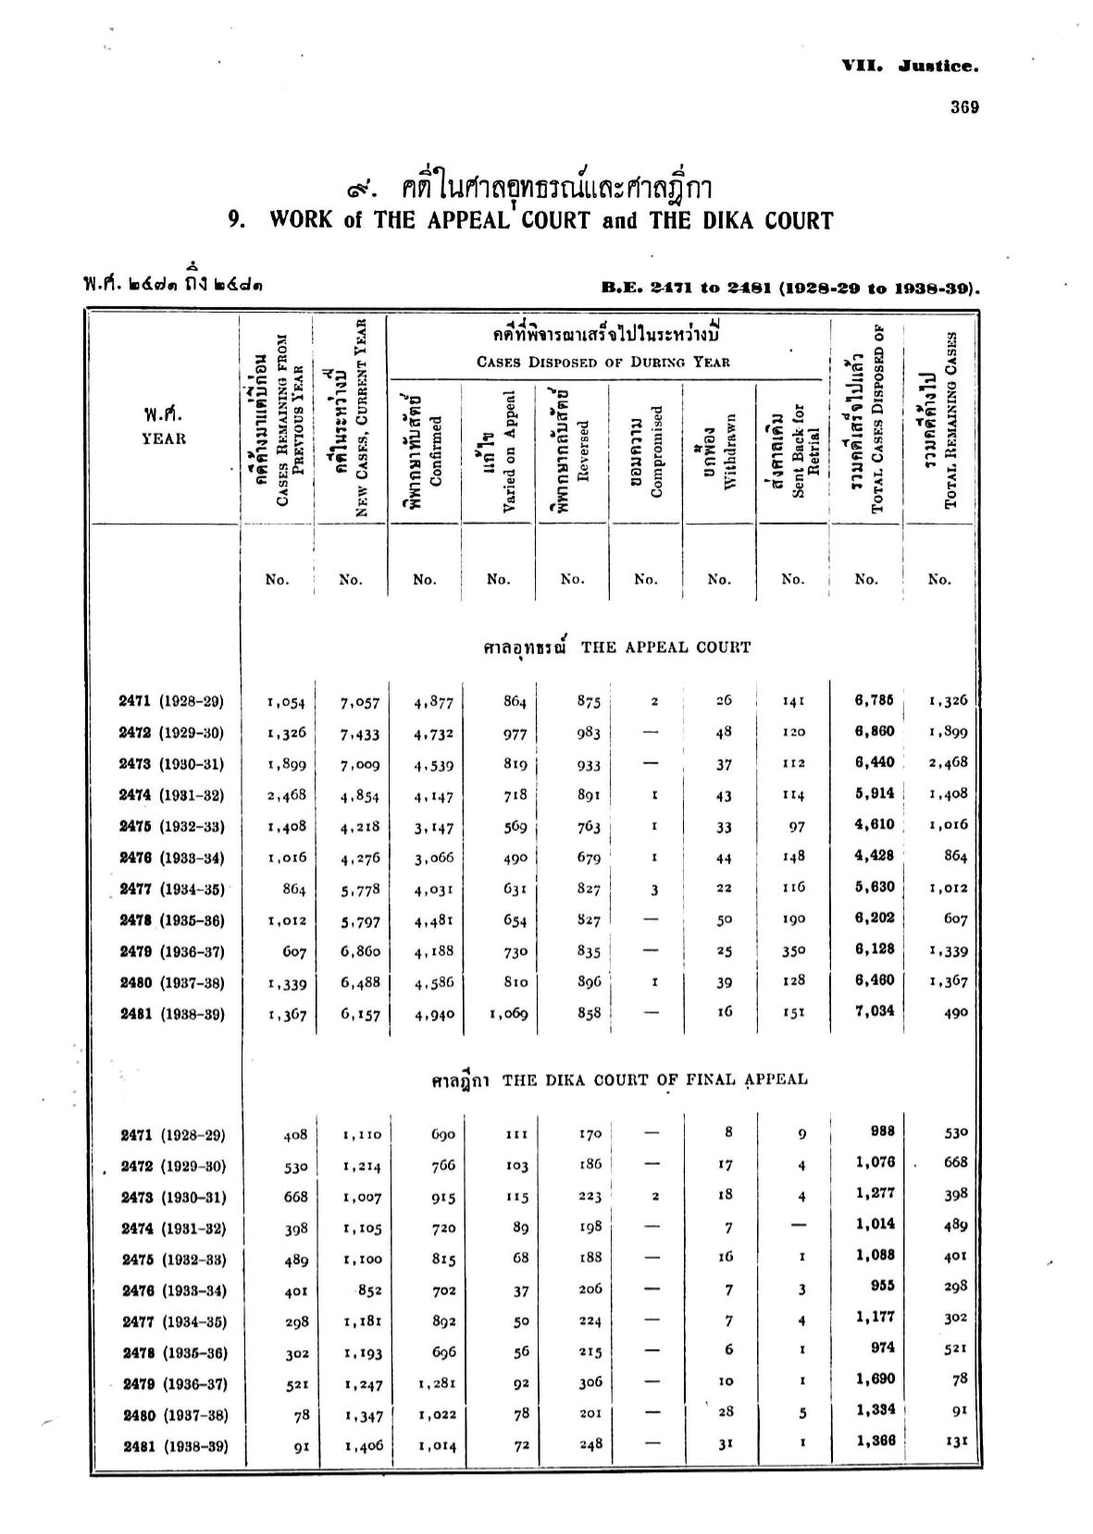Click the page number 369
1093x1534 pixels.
[963, 106]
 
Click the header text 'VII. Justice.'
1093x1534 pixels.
[910, 66]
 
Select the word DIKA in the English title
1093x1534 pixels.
[706, 220]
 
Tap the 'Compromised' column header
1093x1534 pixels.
[647, 451]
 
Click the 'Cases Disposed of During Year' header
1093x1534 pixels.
[603, 362]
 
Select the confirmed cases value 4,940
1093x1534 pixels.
[433, 1014]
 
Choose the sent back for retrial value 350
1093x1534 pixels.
[792, 950]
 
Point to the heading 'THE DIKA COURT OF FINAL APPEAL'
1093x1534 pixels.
[654, 1079]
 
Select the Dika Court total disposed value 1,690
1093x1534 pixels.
[875, 1379]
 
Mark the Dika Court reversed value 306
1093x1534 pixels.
[590, 1382]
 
